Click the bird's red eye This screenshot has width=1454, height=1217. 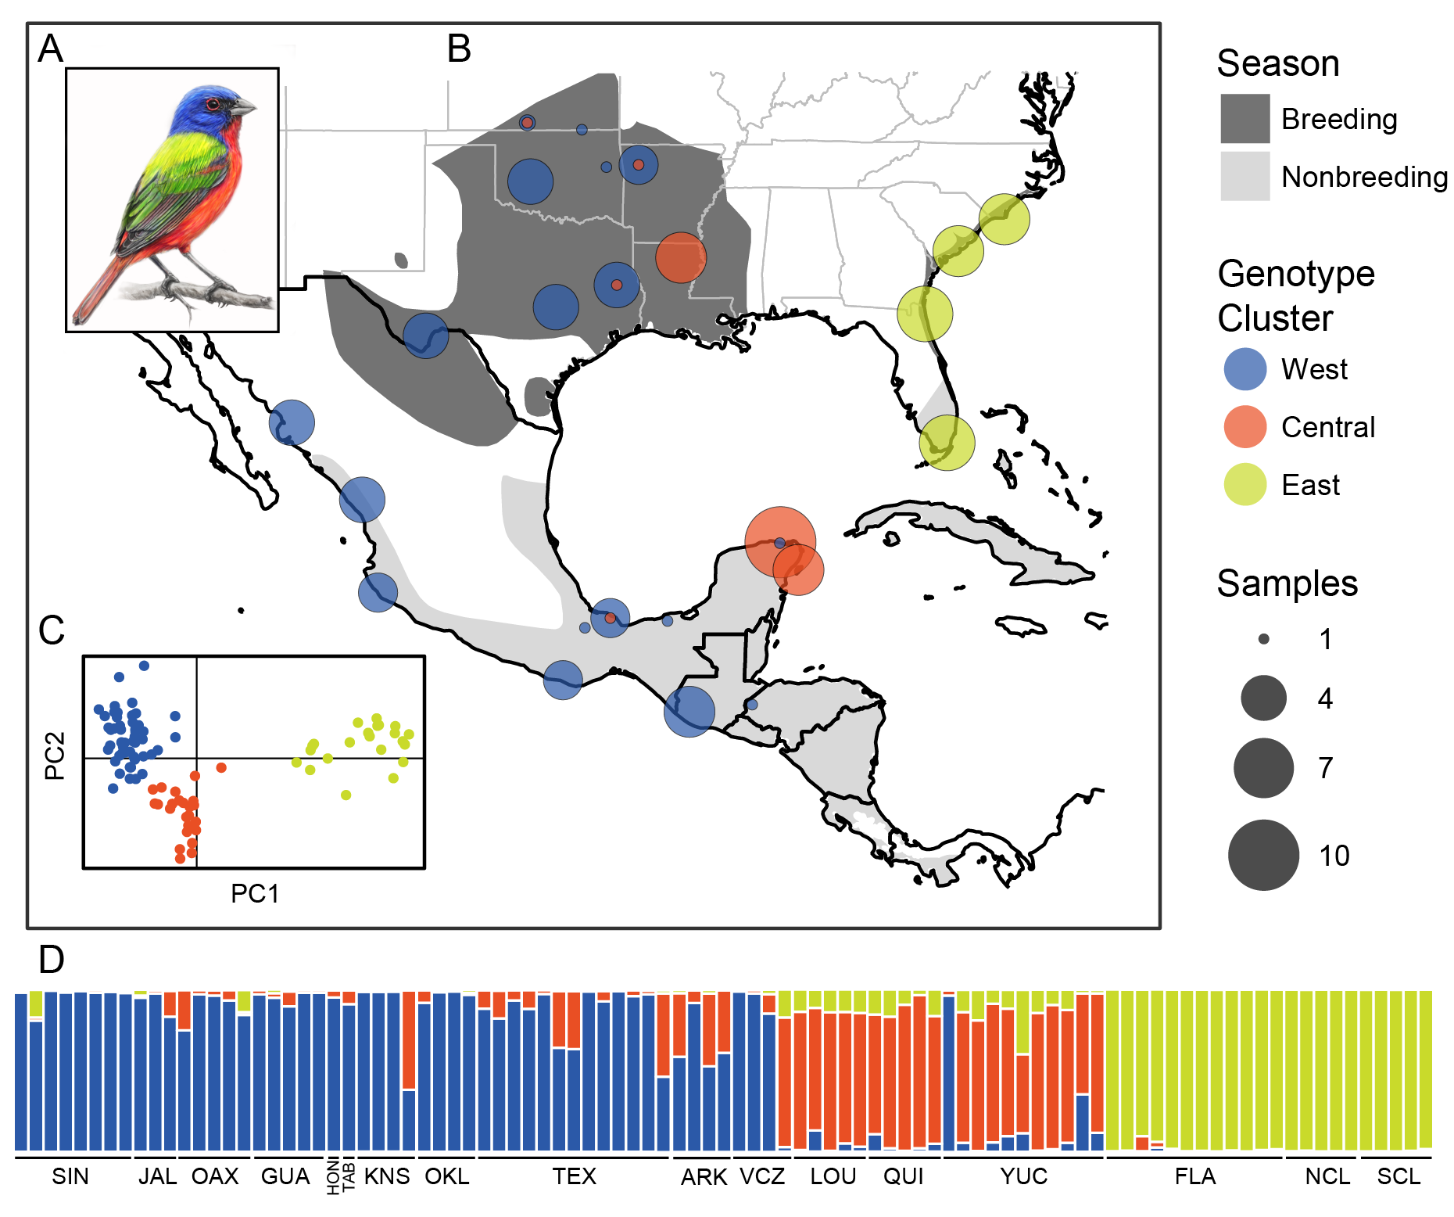[212, 104]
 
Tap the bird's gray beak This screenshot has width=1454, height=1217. [245, 107]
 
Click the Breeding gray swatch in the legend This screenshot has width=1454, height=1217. [1244, 119]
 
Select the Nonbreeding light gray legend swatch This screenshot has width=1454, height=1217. [1244, 177]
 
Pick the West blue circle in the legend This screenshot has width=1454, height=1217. [1244, 369]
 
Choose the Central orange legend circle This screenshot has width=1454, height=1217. [1244, 427]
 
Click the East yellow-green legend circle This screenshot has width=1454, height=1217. [1244, 485]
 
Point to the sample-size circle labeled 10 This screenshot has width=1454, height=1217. [1263, 855]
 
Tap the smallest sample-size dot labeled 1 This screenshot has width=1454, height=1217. [1263, 639]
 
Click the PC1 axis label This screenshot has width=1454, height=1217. [255, 893]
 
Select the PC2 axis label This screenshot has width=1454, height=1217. [55, 756]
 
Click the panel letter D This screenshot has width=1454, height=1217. [52, 960]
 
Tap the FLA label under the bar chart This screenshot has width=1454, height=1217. [1194, 1176]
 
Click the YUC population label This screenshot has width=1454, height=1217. [1023, 1176]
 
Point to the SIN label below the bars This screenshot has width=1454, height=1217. [70, 1176]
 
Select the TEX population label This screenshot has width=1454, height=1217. [574, 1176]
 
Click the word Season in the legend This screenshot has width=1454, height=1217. [1278, 63]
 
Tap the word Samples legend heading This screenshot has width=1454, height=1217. [1287, 583]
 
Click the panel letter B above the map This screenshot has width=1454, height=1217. [459, 49]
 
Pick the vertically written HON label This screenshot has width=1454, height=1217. [334, 1177]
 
